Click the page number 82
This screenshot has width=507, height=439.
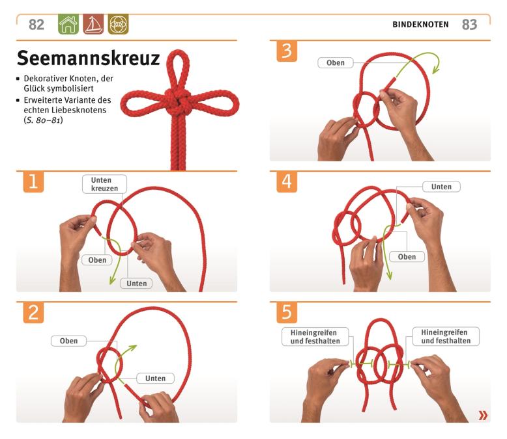click(36, 25)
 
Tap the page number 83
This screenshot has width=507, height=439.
click(469, 25)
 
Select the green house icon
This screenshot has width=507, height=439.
click(68, 24)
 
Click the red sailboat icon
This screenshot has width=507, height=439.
click(93, 24)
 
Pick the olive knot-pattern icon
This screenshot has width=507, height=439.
click(118, 24)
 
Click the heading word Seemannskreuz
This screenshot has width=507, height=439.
click(88, 58)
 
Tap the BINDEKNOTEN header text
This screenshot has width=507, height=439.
click(420, 25)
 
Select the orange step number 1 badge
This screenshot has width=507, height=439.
click(33, 181)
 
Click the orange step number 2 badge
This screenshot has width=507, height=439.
click(33, 312)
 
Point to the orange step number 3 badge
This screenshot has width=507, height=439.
click(287, 51)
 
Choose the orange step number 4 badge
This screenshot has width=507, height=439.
click(287, 181)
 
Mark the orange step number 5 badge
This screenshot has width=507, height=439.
click(287, 312)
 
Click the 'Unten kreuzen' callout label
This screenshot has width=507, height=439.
click(104, 184)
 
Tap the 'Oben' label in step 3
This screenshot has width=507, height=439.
click(336, 62)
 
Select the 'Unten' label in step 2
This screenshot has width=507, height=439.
click(155, 379)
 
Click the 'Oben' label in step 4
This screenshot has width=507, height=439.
click(407, 257)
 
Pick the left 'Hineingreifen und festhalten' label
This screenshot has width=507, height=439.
click(315, 337)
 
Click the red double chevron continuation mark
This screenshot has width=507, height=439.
click(483, 415)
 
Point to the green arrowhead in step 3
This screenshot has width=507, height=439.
click(436, 69)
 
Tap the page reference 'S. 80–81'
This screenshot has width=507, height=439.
click(43, 120)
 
